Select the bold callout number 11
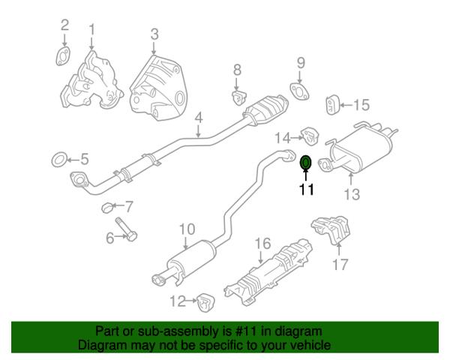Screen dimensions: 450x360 (307, 190)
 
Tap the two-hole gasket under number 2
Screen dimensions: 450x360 (63, 56)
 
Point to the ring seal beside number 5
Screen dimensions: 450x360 (59, 160)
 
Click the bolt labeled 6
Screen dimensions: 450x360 (126, 229)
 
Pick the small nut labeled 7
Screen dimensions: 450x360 (107, 207)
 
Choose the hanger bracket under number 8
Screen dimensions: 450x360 (238, 97)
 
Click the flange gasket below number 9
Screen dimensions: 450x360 (299, 91)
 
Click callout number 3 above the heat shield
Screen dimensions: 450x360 (154, 34)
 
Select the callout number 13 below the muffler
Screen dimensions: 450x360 (352, 194)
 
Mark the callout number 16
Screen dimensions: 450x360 (263, 244)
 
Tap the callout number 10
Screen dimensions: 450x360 (187, 229)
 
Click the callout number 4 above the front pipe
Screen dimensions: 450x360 (199, 118)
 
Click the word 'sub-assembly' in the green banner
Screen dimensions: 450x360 (178, 331)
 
